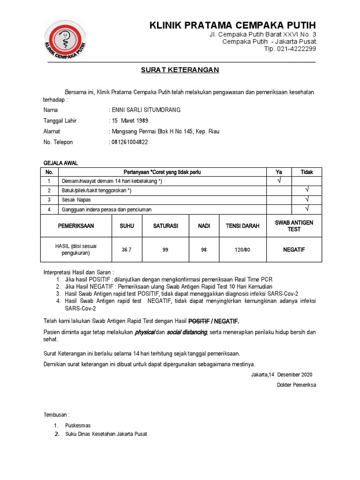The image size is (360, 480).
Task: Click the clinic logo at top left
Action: click(65, 41)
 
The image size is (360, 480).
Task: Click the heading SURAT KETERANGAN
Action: click(180, 70)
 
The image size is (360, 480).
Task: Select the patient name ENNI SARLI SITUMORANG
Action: click(145, 110)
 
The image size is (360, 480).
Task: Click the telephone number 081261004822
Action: click(129, 142)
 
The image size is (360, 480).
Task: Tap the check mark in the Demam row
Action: click(278, 180)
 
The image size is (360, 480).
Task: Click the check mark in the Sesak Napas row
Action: click(307, 199)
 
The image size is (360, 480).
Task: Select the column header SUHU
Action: click(127, 226)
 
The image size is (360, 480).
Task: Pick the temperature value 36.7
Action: click(127, 250)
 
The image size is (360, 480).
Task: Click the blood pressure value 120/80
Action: click(242, 250)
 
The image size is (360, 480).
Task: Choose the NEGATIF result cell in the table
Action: click(294, 250)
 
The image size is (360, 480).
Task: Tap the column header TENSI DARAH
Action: click(242, 226)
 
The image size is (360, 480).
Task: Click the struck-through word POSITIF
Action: click(198, 321)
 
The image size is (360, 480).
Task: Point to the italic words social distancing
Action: click(187, 332)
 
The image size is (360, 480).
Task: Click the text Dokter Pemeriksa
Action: click(296, 385)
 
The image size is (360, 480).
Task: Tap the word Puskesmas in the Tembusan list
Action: click(78, 426)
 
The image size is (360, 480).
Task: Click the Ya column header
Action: click(278, 172)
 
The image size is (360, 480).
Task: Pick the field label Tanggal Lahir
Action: click(60, 121)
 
